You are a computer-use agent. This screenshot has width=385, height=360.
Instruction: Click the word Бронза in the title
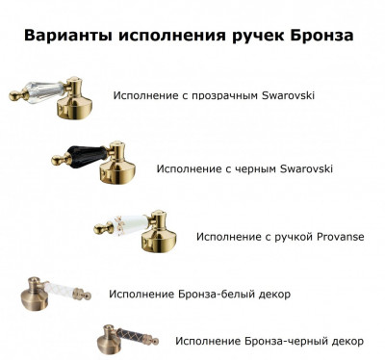(x=321, y=36)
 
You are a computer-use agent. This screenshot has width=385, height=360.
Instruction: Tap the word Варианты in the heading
(x=67, y=36)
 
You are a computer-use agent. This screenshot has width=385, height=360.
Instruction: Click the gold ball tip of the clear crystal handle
(x=16, y=95)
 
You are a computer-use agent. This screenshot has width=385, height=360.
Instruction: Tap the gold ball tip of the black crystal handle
(x=59, y=160)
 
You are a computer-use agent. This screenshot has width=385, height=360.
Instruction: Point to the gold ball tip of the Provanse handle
(x=102, y=229)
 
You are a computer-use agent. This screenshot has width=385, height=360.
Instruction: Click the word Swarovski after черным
(x=306, y=168)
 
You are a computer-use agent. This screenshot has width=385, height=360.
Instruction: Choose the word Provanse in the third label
(x=341, y=237)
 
